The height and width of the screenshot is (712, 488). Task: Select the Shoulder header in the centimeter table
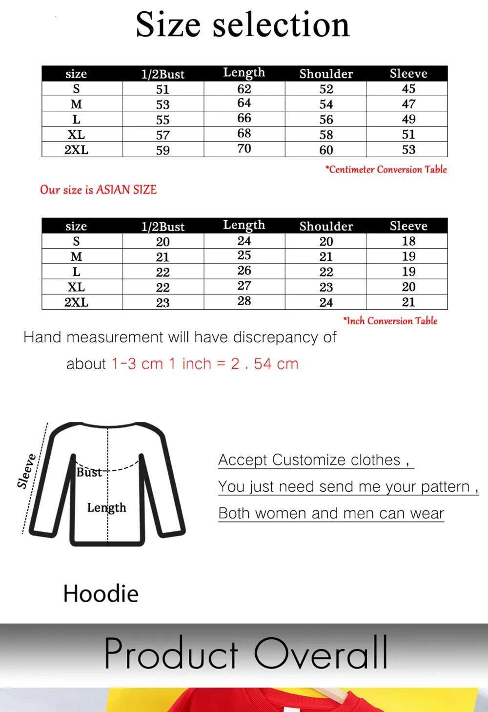pyautogui.click(x=326, y=74)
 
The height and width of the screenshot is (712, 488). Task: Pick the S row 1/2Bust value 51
pyautogui.click(x=163, y=89)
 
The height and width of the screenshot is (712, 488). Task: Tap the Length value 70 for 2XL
pyautogui.click(x=244, y=148)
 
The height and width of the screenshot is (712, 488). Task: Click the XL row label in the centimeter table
pyautogui.click(x=76, y=135)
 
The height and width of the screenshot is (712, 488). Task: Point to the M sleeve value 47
pyautogui.click(x=408, y=104)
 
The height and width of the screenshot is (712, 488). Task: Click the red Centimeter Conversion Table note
pyautogui.click(x=386, y=169)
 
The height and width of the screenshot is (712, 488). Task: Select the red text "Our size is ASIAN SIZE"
pyautogui.click(x=98, y=189)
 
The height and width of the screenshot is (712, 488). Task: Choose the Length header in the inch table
pyautogui.click(x=244, y=225)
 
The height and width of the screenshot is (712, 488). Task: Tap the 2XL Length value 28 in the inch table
pyautogui.click(x=244, y=301)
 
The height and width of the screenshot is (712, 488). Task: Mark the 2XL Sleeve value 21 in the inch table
pyautogui.click(x=408, y=302)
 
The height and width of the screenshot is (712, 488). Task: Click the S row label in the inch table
pyautogui.click(x=76, y=241)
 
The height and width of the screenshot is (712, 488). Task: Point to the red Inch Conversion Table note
pyautogui.click(x=390, y=321)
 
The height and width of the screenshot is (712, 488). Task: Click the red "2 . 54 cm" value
pyautogui.click(x=264, y=364)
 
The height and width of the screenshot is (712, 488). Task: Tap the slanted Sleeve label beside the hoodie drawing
pyautogui.click(x=26, y=471)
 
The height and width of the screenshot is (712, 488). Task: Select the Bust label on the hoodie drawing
pyautogui.click(x=89, y=472)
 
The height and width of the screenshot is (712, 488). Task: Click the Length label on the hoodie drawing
pyautogui.click(x=106, y=508)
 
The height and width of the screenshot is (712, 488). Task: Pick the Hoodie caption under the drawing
pyautogui.click(x=101, y=593)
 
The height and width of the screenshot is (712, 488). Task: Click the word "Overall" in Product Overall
pyautogui.click(x=321, y=653)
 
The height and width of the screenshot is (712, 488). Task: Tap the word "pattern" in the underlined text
pyautogui.click(x=445, y=487)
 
